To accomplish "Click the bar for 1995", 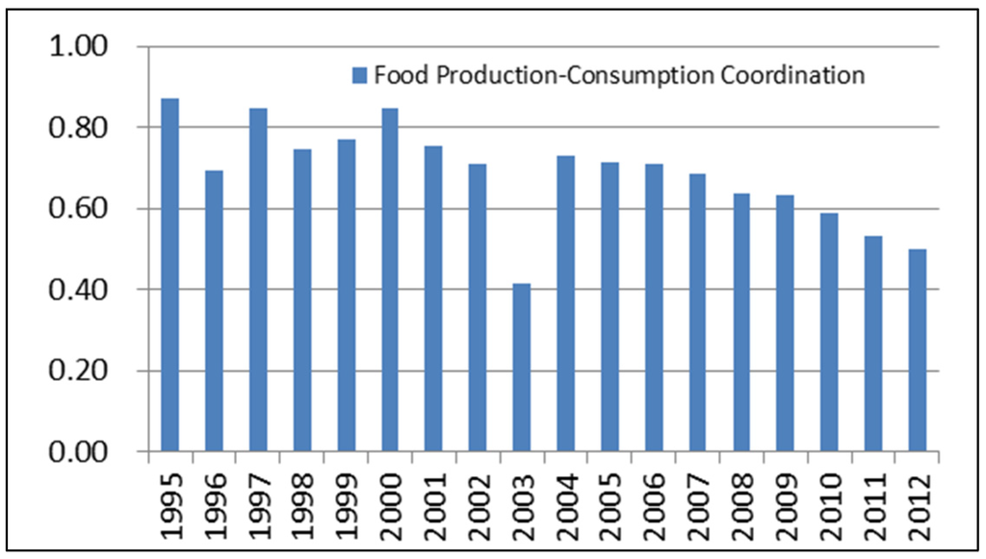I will point(169,275).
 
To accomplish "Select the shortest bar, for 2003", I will point(521,367).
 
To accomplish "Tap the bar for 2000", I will point(389,279).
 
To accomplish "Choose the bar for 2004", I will point(565,304).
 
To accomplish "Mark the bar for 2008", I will point(741,322).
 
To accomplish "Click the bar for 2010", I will point(829,332).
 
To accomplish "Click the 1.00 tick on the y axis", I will point(83,46).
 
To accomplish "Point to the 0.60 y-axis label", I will point(83,209).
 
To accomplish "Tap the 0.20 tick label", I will point(83,371).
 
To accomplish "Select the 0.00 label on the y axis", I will point(83,452).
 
